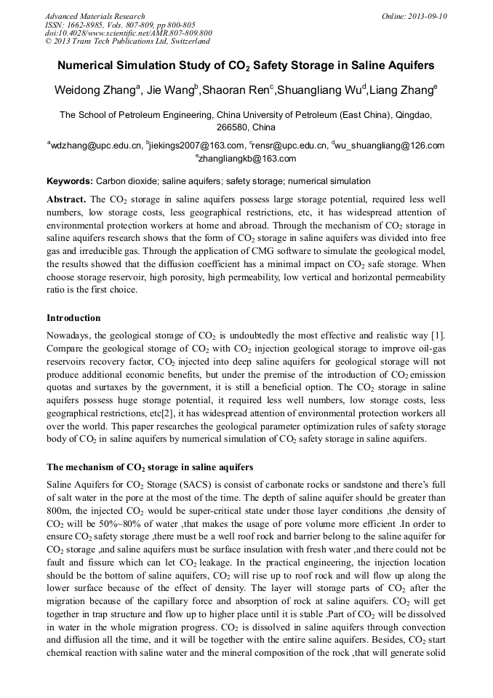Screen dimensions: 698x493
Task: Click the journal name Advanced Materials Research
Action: [x=95, y=16]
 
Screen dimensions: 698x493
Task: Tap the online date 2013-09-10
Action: [x=426, y=16]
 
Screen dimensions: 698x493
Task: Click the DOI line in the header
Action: [x=128, y=33]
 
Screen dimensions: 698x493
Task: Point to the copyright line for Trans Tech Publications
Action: [x=128, y=41]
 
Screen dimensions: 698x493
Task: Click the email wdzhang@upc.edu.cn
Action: [x=95, y=146]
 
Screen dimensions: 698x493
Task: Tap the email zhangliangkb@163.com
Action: [x=247, y=158]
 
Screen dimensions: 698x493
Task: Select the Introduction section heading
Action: [x=73, y=318]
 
